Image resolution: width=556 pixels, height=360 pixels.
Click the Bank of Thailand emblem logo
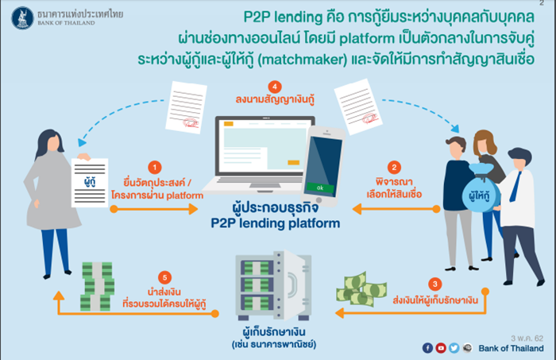click(22, 17)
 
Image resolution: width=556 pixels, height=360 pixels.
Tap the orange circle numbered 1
click(155, 168)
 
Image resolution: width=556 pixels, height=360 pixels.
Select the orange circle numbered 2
click(394, 168)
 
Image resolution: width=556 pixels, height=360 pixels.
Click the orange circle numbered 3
click(434, 284)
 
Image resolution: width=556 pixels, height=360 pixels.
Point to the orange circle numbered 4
click(275, 87)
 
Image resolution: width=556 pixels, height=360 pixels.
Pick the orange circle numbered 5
click(164, 277)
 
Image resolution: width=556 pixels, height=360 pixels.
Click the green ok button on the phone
click(320, 188)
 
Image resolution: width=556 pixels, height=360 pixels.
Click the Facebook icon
click(427, 348)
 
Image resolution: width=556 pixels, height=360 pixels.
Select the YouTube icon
click(441, 348)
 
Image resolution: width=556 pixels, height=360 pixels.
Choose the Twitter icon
click(454, 348)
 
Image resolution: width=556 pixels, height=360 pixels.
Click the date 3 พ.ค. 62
click(527, 338)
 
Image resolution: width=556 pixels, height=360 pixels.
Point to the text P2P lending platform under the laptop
click(275, 223)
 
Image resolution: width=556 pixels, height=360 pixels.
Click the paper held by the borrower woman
click(90, 183)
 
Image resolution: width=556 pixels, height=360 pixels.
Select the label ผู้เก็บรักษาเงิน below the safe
click(274, 331)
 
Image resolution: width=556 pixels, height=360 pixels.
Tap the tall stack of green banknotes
click(97, 287)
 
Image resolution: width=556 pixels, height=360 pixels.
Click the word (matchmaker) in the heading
click(303, 60)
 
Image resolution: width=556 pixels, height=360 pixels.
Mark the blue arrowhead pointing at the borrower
click(82, 142)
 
